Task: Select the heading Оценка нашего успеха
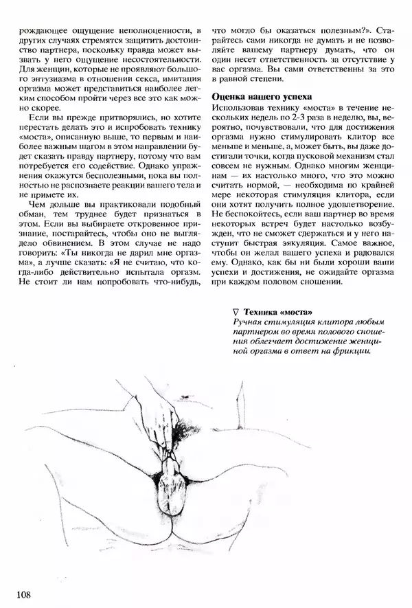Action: pyautogui.click(x=261, y=97)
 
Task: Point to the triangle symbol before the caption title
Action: pyautogui.click(x=236, y=313)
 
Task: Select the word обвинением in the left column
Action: pyautogui.click(x=59, y=243)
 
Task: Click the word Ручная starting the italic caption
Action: pyautogui.click(x=248, y=322)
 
